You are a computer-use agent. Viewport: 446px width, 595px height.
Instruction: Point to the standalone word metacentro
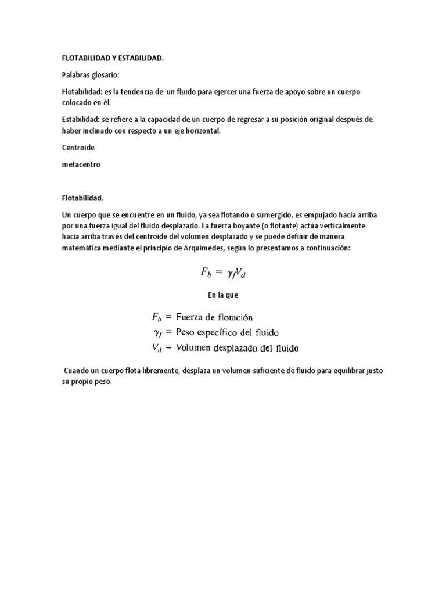point(81,164)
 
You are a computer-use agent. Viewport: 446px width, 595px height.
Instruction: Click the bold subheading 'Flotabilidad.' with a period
point(82,198)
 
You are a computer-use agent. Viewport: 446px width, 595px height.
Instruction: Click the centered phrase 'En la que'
point(223,295)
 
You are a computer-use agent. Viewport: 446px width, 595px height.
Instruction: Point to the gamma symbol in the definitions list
point(157,334)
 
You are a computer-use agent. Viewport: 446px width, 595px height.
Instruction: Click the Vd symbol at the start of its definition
point(157,349)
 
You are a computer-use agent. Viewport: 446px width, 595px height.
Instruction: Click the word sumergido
point(265,214)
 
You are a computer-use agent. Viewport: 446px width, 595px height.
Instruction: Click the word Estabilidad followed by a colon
point(81,119)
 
